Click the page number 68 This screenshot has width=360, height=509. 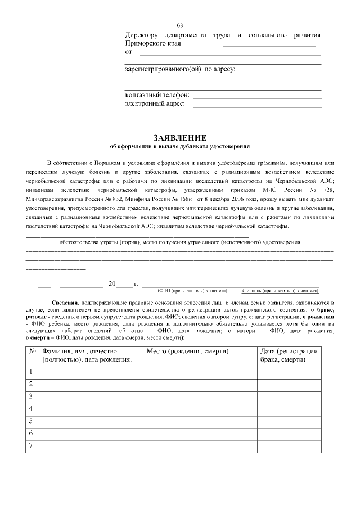(180, 25)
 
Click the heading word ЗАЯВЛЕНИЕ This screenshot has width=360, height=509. (180, 138)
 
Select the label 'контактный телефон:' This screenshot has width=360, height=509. (157, 95)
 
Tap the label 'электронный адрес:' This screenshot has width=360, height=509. (155, 104)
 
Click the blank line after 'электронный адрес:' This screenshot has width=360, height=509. (257, 106)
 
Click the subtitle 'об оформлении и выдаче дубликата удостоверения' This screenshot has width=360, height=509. (180, 146)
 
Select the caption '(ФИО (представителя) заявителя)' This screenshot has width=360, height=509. (192, 291)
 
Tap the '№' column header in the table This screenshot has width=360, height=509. (32, 352)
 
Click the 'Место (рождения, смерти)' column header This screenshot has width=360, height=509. (187, 352)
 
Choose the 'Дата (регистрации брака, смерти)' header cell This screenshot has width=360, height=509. (289, 355)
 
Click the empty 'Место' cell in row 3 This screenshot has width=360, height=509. (200, 397)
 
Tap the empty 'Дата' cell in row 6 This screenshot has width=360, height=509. (289, 433)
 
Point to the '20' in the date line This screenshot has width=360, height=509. (112, 284)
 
